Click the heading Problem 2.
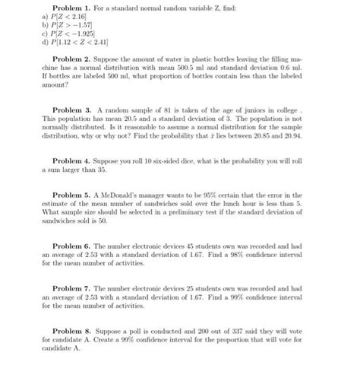click(74, 60)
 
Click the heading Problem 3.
click(74, 112)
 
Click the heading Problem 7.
click(74, 290)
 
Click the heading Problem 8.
click(74, 332)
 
